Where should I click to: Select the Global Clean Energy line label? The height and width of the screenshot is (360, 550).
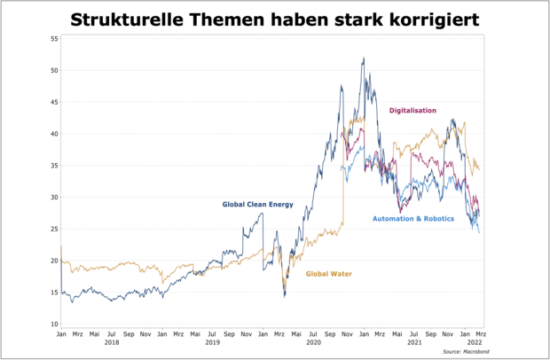pyautogui.click(x=257, y=205)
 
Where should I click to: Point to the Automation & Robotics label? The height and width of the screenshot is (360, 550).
pyautogui.click(x=413, y=218)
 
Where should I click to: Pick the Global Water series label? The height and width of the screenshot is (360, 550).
pyautogui.click(x=329, y=274)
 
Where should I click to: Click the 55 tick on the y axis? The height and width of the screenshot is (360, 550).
pyautogui.click(x=53, y=39)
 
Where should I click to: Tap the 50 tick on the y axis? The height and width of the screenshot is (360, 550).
pyautogui.click(x=53, y=70)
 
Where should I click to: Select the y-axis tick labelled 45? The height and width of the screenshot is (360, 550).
pyautogui.click(x=53, y=102)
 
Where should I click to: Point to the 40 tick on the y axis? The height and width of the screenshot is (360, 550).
pyautogui.click(x=53, y=134)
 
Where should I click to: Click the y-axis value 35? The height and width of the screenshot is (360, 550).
pyautogui.click(x=53, y=166)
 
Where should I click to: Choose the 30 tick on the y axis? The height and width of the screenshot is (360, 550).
pyautogui.click(x=53, y=197)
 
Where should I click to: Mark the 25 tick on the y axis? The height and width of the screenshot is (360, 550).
pyautogui.click(x=53, y=229)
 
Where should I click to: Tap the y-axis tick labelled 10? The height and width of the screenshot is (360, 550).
pyautogui.click(x=53, y=324)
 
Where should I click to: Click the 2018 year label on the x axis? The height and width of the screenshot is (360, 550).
pyautogui.click(x=112, y=342)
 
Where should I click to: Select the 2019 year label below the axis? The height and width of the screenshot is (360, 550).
pyautogui.click(x=212, y=342)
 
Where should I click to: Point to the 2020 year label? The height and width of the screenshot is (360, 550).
pyautogui.click(x=313, y=342)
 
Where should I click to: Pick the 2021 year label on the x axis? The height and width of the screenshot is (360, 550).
pyautogui.click(x=413, y=342)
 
